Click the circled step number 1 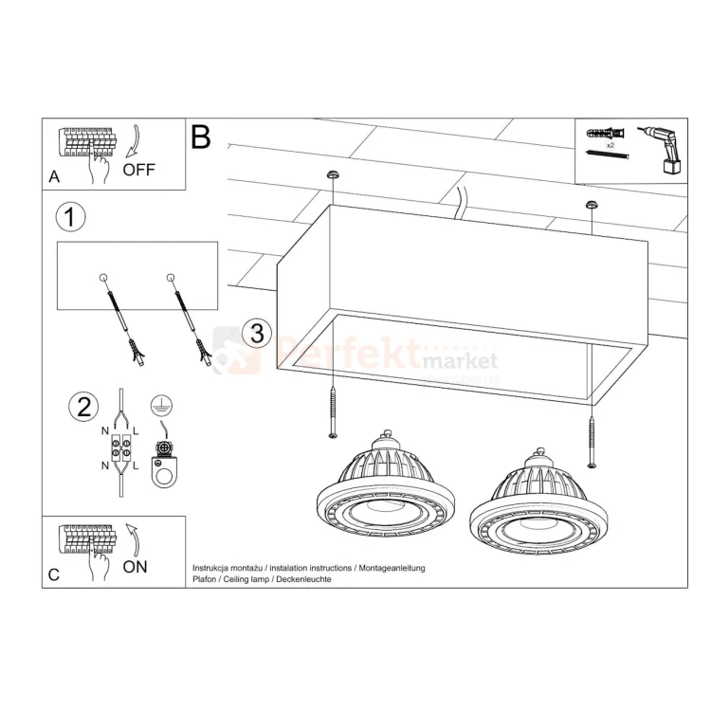70,217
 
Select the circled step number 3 254,333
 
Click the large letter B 201,137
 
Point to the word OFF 138,171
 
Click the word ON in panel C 136,566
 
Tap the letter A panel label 53,176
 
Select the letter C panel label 53,574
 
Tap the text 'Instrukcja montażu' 226,567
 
